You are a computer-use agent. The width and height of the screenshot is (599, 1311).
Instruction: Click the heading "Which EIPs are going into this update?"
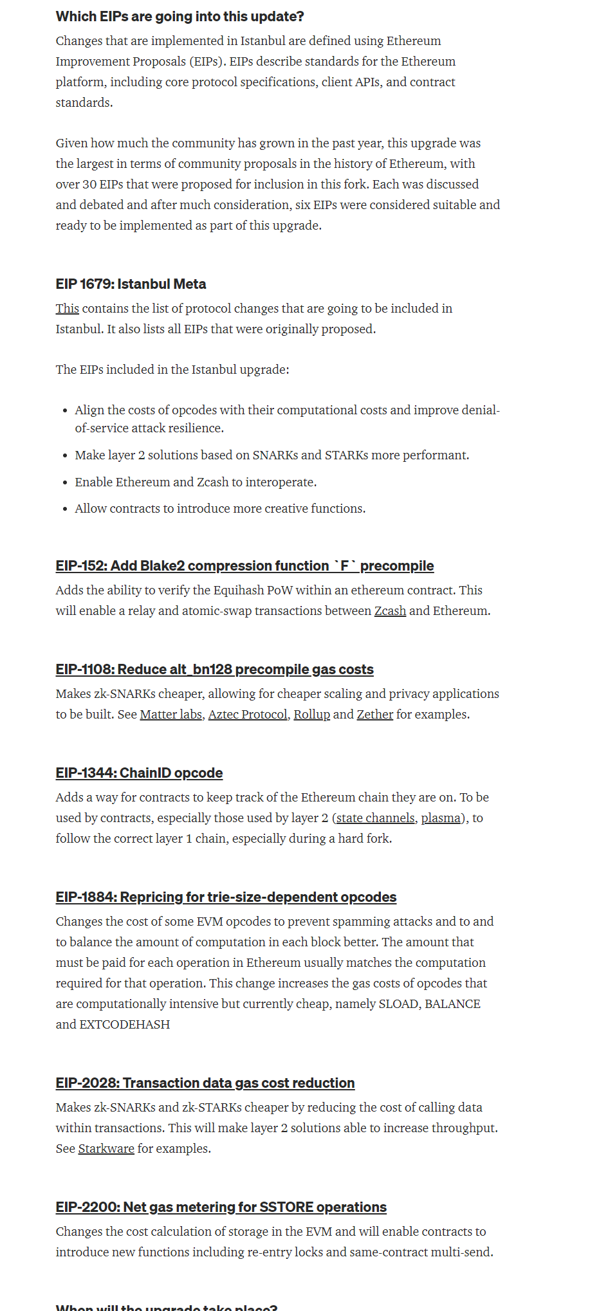(x=180, y=17)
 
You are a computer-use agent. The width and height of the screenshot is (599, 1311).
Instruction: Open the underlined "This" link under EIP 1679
(x=67, y=309)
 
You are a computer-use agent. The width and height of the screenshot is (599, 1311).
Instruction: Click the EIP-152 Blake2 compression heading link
(x=244, y=566)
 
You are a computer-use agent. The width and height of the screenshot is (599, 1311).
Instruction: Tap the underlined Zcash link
(x=390, y=611)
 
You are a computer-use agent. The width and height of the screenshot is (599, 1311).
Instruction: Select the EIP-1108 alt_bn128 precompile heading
(x=214, y=670)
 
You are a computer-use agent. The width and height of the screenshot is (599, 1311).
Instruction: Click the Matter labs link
(x=170, y=715)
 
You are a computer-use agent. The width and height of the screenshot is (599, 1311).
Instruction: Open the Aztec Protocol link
(x=248, y=715)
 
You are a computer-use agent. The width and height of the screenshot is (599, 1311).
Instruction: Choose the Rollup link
(x=311, y=715)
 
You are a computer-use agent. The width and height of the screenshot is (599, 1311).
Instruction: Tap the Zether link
(x=374, y=715)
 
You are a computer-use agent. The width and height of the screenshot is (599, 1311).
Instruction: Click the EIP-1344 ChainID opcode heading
(x=139, y=773)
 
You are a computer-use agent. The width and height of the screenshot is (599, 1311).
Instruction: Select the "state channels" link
(x=375, y=818)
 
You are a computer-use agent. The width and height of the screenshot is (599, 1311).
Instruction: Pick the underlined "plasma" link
(x=441, y=818)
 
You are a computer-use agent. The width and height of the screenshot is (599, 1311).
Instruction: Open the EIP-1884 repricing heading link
(x=226, y=897)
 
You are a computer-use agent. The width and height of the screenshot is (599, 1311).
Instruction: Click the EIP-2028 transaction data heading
(x=205, y=1083)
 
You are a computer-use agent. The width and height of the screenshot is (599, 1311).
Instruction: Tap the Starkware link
(x=106, y=1149)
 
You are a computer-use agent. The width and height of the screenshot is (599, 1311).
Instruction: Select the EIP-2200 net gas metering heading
(x=221, y=1207)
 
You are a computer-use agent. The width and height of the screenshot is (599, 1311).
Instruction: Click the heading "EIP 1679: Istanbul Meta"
(x=131, y=284)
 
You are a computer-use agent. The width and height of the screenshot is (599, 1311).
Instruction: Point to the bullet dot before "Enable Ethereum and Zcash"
(x=65, y=482)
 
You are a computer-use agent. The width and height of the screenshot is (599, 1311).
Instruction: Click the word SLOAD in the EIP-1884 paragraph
(x=398, y=1004)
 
